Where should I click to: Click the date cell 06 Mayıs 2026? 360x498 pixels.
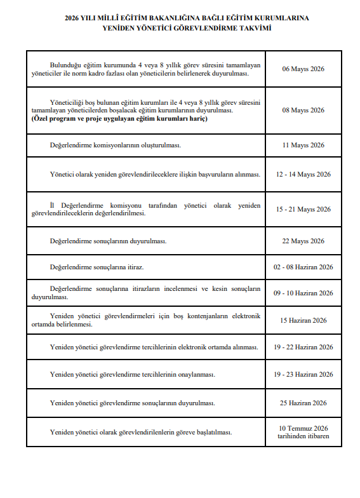point(303,69)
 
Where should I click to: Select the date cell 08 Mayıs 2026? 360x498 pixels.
point(303,110)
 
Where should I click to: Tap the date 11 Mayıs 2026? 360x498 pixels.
point(303,145)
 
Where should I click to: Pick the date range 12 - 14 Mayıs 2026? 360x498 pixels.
point(303,174)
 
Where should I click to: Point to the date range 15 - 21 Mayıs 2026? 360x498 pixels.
point(303,209)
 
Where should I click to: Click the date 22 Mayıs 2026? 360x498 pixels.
point(303,241)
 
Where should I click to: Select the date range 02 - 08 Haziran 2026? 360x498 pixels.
point(303,267)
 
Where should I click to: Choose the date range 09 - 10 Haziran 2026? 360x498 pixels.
point(303,293)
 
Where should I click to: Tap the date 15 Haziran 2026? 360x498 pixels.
point(303,320)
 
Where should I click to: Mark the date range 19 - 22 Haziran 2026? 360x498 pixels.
point(303,347)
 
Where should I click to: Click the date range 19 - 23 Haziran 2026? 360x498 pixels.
point(303,374)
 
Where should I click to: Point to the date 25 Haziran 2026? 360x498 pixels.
point(303,403)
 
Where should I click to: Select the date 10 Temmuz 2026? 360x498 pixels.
point(303,428)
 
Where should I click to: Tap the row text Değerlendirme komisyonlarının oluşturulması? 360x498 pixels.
point(115,145)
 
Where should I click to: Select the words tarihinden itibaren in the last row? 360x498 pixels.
point(303,436)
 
